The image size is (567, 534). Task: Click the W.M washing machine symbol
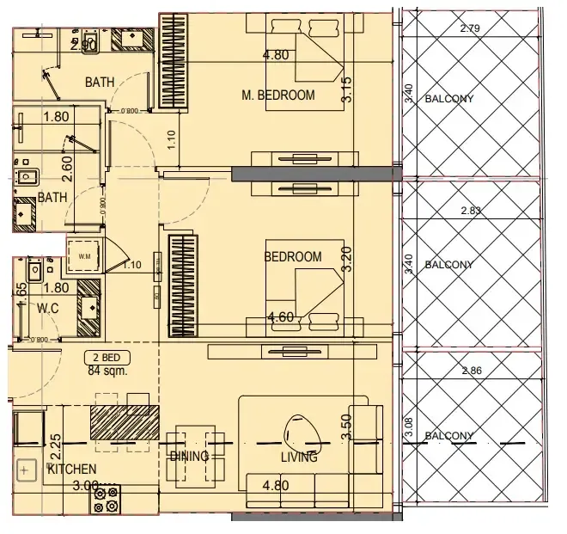coord(84,256)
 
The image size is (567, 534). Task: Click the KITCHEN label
coord(71,470)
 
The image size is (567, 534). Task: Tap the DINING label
coord(189,457)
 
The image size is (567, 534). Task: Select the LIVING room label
coord(298,457)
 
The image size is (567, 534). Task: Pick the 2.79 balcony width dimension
coord(470,28)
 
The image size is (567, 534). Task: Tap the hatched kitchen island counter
coord(125,421)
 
